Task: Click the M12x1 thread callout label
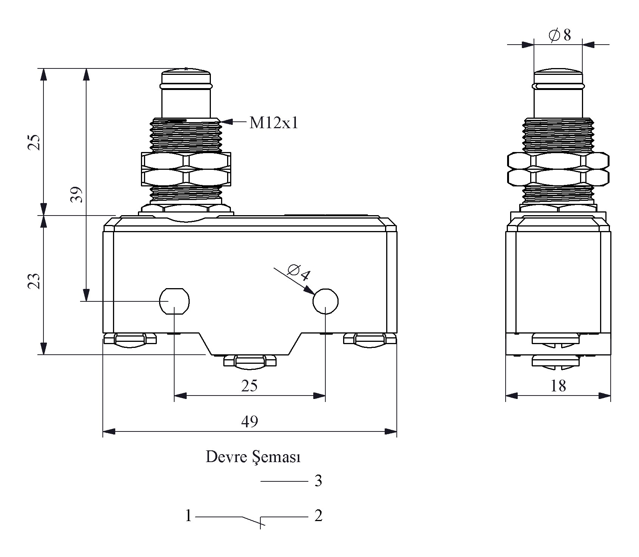point(274,123)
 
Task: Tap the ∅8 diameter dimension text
point(559,35)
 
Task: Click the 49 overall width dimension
point(249,421)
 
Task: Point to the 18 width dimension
point(558,386)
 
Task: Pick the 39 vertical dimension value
point(77,194)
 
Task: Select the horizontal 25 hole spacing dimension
point(249,386)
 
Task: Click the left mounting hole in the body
point(174,301)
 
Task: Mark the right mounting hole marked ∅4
point(325,301)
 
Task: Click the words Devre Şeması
point(253,457)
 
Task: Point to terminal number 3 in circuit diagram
point(318,481)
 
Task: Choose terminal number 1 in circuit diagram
point(189,516)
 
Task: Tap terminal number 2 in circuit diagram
point(318,516)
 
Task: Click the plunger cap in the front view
point(186,78)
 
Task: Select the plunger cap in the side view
point(558,78)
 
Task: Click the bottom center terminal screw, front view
point(250,361)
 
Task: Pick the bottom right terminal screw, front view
point(370,339)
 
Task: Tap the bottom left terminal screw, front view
point(130,339)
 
